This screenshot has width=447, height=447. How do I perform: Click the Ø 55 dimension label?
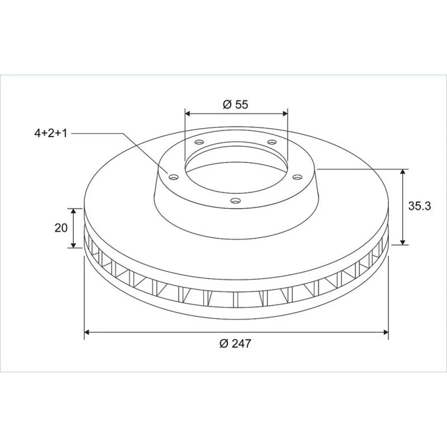click(235, 105)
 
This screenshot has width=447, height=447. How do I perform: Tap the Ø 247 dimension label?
click(235, 343)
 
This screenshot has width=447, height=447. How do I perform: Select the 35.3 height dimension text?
click(419, 206)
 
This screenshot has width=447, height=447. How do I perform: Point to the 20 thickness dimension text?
click(61, 228)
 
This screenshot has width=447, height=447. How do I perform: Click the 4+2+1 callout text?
click(51, 133)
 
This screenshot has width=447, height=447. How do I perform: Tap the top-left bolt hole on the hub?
click(199, 142)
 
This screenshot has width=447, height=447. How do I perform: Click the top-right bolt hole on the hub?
click(272, 142)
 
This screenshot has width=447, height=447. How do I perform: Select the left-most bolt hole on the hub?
click(173, 177)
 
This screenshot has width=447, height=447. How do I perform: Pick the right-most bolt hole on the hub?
click(297, 177)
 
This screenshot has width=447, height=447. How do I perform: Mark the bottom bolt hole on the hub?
click(235, 201)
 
